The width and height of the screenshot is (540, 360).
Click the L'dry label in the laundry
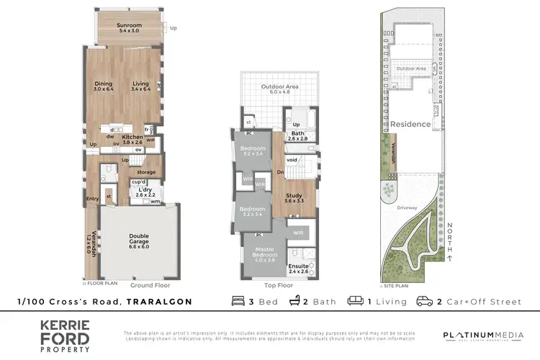click(x=146, y=192)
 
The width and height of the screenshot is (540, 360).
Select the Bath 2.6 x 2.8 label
click(x=297, y=137)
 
